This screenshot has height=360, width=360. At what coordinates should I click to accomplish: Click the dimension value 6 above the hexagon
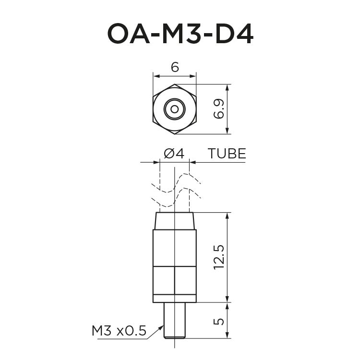click(x=174, y=68)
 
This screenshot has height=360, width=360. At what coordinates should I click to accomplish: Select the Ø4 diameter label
click(x=174, y=154)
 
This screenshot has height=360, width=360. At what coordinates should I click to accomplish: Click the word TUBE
click(x=227, y=154)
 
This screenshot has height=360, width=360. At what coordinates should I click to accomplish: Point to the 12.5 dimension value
click(x=219, y=257)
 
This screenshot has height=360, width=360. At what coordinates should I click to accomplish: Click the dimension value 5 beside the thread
click(x=219, y=320)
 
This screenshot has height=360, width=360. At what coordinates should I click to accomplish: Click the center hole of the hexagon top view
click(x=174, y=109)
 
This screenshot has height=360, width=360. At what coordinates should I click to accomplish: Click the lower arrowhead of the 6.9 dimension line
click(x=228, y=131)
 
